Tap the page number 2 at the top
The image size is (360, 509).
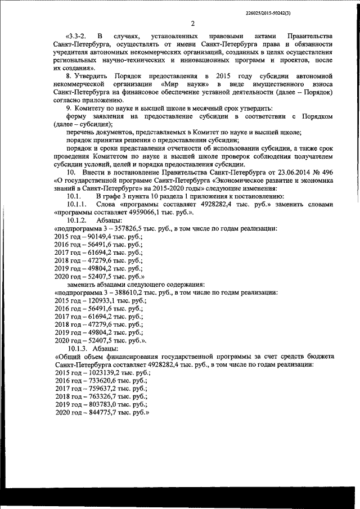coord(192,24)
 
